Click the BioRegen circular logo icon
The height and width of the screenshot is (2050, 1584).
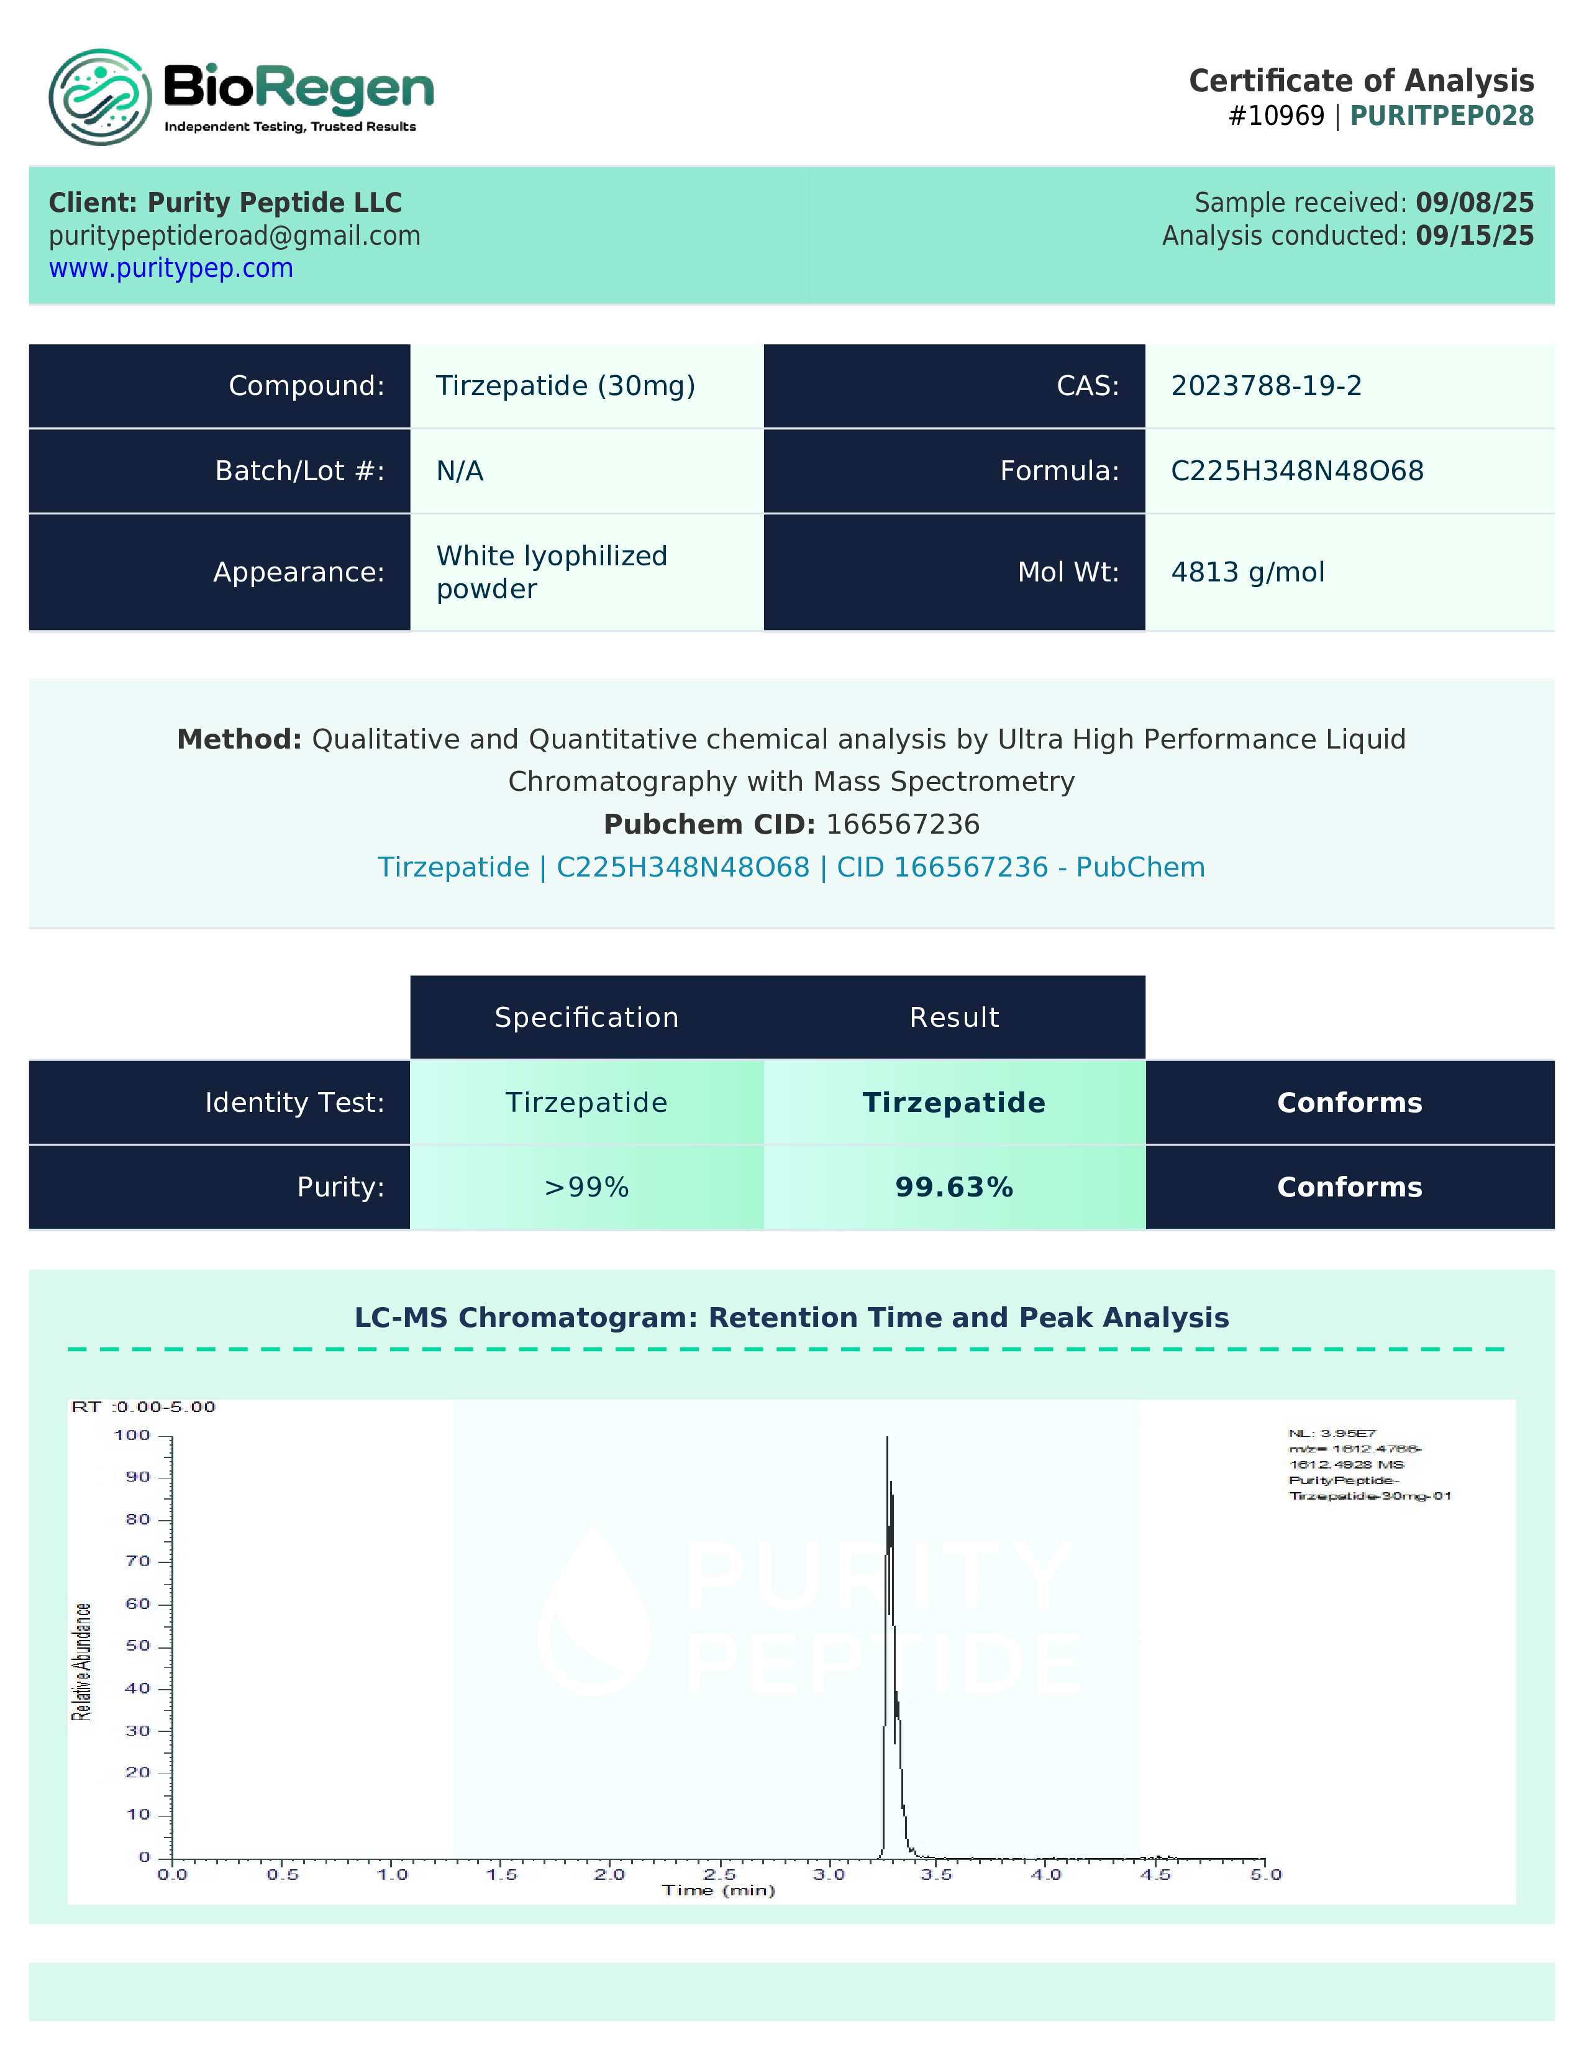(99, 97)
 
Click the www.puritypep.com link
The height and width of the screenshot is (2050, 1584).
(171, 268)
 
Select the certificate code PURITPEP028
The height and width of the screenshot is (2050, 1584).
(1441, 116)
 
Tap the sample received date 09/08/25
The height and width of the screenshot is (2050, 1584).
(1474, 203)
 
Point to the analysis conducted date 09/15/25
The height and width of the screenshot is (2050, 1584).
(1474, 235)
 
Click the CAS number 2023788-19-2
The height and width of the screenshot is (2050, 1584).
(1266, 386)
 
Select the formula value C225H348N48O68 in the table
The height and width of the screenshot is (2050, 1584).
(1297, 470)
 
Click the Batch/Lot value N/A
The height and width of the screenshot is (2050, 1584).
(460, 470)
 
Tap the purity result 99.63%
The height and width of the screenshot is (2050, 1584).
(954, 1187)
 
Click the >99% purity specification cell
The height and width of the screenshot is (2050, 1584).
(586, 1187)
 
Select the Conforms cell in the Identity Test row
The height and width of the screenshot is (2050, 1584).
(1349, 1102)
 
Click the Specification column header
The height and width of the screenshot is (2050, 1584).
(586, 1018)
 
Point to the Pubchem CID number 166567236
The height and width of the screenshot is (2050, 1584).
(903, 824)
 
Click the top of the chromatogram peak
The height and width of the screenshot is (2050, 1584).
(887, 1438)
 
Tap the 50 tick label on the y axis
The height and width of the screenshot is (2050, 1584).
(138, 1646)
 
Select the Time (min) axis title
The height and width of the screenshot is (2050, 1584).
(719, 1890)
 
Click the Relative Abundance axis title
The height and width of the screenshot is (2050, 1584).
(83, 1661)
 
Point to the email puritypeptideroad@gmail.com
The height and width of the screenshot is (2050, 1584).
(235, 235)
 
